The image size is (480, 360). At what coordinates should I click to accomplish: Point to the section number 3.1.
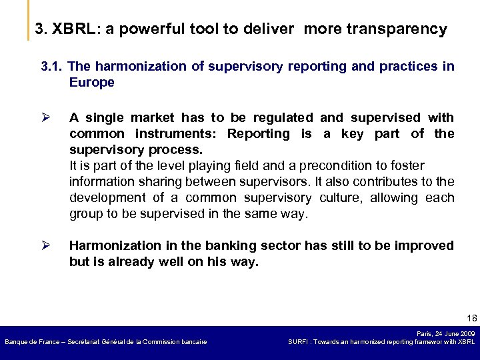(x=52, y=67)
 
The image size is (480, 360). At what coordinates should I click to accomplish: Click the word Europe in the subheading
(x=92, y=83)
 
